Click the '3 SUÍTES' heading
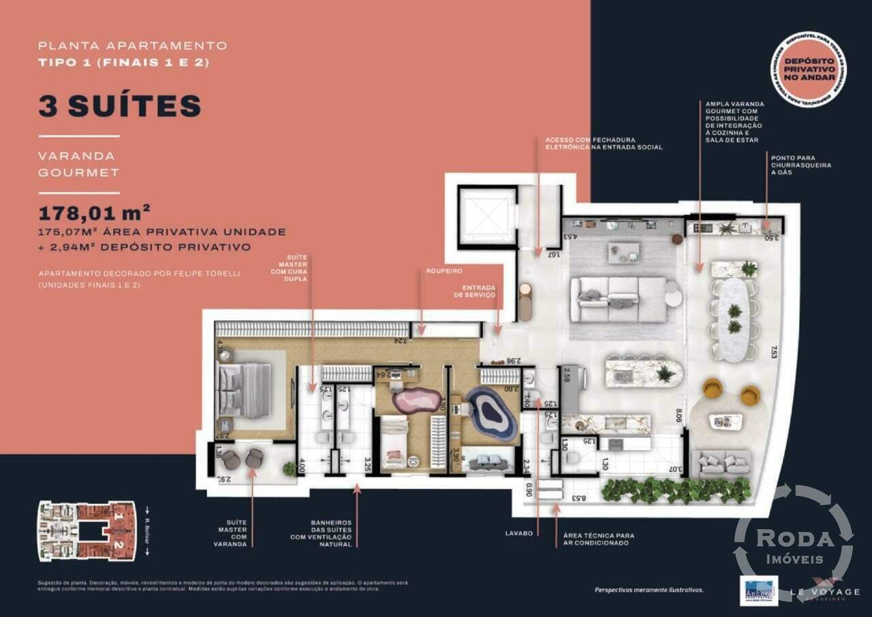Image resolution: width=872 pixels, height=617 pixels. click(x=120, y=106)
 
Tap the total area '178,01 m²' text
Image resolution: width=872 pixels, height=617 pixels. click(x=95, y=212)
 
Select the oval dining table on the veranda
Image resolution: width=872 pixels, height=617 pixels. click(x=734, y=317)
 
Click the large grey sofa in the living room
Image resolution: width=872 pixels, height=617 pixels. click(x=618, y=299)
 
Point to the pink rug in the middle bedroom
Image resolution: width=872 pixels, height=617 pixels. click(x=416, y=399)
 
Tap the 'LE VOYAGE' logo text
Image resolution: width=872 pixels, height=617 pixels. click(x=826, y=592)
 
